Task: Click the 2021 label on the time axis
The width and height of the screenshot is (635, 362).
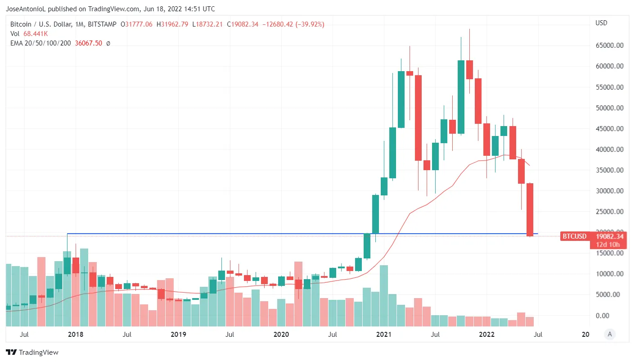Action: point(384,335)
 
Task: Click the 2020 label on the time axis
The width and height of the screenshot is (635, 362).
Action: point(281,335)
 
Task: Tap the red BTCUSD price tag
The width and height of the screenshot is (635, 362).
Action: point(574,236)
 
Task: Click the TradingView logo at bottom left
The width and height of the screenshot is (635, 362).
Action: point(32,352)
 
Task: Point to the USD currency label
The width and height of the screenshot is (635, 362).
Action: point(601,23)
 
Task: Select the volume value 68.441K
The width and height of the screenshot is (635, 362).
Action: point(36,34)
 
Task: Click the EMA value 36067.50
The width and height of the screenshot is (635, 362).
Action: point(88,43)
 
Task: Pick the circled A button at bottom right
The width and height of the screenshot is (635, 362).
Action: point(609,334)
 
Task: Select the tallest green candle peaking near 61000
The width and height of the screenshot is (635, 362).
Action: point(461,97)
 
